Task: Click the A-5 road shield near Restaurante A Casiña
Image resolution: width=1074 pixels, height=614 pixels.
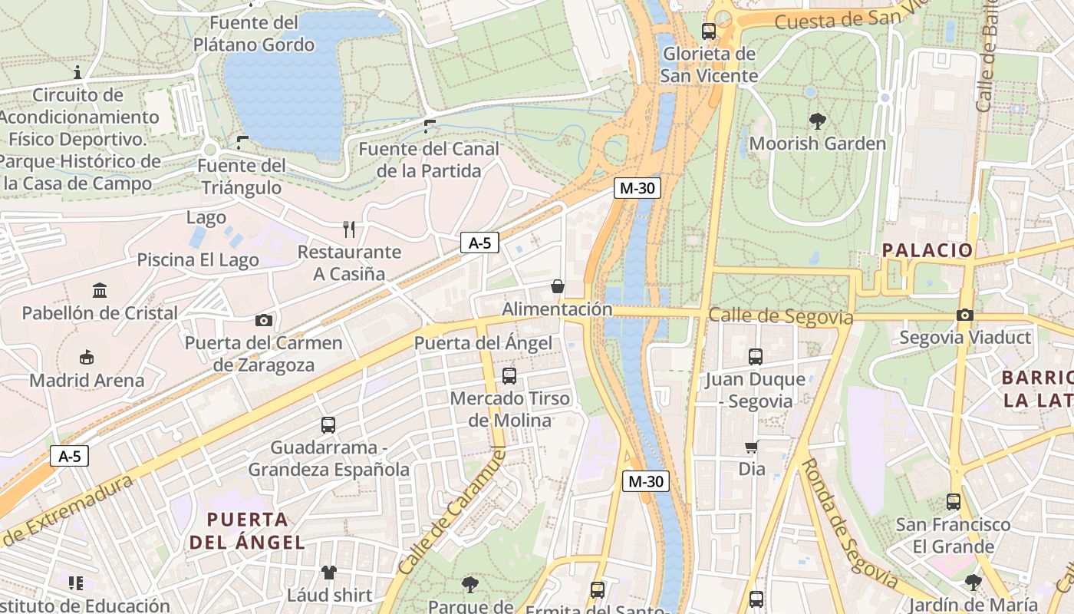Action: tap(479, 243)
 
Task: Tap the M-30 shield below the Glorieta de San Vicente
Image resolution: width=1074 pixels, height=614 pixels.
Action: tap(637, 188)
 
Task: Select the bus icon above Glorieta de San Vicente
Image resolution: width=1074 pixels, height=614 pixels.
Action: tap(709, 31)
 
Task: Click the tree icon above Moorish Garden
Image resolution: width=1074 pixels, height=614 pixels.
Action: tap(817, 120)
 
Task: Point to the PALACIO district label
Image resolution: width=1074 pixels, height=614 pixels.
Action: tap(927, 249)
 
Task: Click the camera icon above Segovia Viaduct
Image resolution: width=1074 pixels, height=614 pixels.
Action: tap(964, 315)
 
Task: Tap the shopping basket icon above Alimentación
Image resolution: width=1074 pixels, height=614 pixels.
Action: tap(557, 286)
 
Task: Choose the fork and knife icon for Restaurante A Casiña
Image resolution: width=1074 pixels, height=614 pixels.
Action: tap(349, 229)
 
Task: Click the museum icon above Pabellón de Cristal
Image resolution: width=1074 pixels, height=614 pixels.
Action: tap(100, 290)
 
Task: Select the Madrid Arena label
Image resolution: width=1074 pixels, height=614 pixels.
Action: tap(87, 380)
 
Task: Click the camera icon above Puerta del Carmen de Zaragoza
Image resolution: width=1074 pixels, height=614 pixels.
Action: tap(264, 320)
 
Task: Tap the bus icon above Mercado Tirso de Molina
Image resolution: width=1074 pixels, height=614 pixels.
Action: tap(509, 375)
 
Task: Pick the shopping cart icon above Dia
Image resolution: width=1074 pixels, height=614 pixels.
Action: tap(751, 447)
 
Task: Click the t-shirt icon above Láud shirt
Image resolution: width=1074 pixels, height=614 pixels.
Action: tap(329, 572)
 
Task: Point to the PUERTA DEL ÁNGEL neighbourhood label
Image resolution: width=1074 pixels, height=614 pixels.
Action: tap(247, 530)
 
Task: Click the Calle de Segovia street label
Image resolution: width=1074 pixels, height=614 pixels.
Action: tap(780, 316)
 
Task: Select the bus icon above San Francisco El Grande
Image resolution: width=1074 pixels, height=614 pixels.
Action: tap(953, 502)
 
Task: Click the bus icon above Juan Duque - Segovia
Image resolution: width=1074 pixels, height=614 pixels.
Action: tap(756, 356)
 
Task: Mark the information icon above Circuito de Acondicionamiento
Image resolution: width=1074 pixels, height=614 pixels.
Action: tap(77, 73)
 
